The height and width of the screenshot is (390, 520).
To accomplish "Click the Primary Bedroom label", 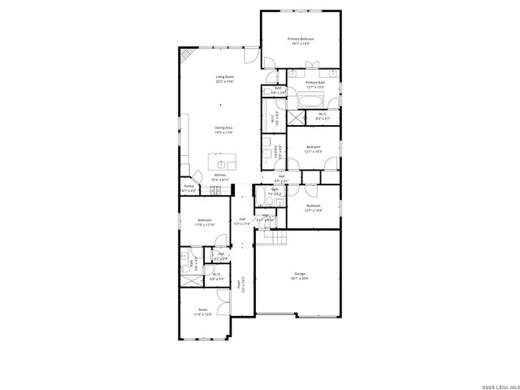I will pos(301,39).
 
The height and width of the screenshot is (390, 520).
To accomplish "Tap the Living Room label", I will pos(225,77).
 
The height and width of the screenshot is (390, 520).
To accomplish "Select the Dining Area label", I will pos(224,128).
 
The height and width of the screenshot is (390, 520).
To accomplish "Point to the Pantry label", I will pos(188,186).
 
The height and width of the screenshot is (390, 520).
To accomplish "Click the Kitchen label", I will pos(219,175).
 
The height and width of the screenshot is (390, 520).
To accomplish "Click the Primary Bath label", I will pos(315,82).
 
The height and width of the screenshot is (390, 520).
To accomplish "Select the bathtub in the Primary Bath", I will pos(310,102).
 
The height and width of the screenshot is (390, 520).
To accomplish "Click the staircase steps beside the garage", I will pos(279,238).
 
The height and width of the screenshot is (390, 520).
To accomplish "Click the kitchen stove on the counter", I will pos(215,191).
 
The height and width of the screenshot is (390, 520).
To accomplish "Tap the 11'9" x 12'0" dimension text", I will pos(203,314).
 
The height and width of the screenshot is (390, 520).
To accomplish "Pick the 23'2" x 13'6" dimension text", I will pos(225,82).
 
